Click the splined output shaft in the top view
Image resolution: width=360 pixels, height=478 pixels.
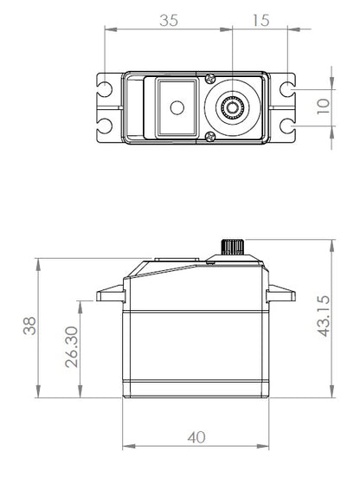[233, 107]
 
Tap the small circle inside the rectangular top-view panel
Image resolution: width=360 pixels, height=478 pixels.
[178, 107]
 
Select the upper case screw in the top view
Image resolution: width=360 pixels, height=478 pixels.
[209, 77]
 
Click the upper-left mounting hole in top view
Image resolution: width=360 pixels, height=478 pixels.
[105, 88]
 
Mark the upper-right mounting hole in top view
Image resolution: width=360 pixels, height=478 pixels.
[286, 88]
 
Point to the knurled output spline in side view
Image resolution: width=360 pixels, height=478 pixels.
[233, 245]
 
